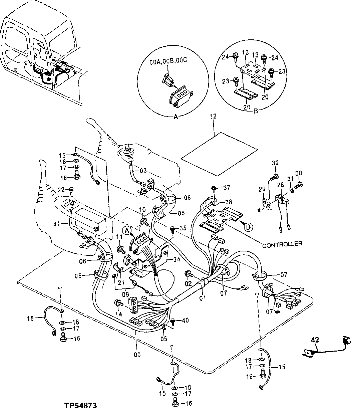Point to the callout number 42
point(315,341)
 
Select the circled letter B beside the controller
point(249,226)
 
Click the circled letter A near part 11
point(127,230)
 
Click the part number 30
point(299,173)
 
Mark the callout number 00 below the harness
point(137,354)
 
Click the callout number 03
point(143,171)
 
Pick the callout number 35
point(183,229)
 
